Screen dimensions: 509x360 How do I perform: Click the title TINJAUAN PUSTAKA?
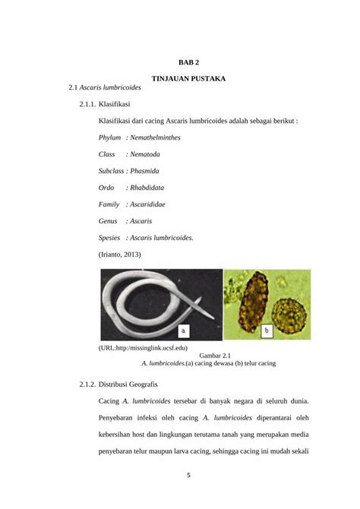click(188, 78)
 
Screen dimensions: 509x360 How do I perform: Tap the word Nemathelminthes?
click(160, 138)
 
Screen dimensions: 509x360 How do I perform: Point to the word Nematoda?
click(150, 154)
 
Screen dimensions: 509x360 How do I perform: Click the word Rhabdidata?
click(152, 188)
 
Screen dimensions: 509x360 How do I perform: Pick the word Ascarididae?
click(153, 204)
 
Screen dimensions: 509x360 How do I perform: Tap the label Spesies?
click(112, 238)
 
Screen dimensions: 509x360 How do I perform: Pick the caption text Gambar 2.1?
click(215, 356)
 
